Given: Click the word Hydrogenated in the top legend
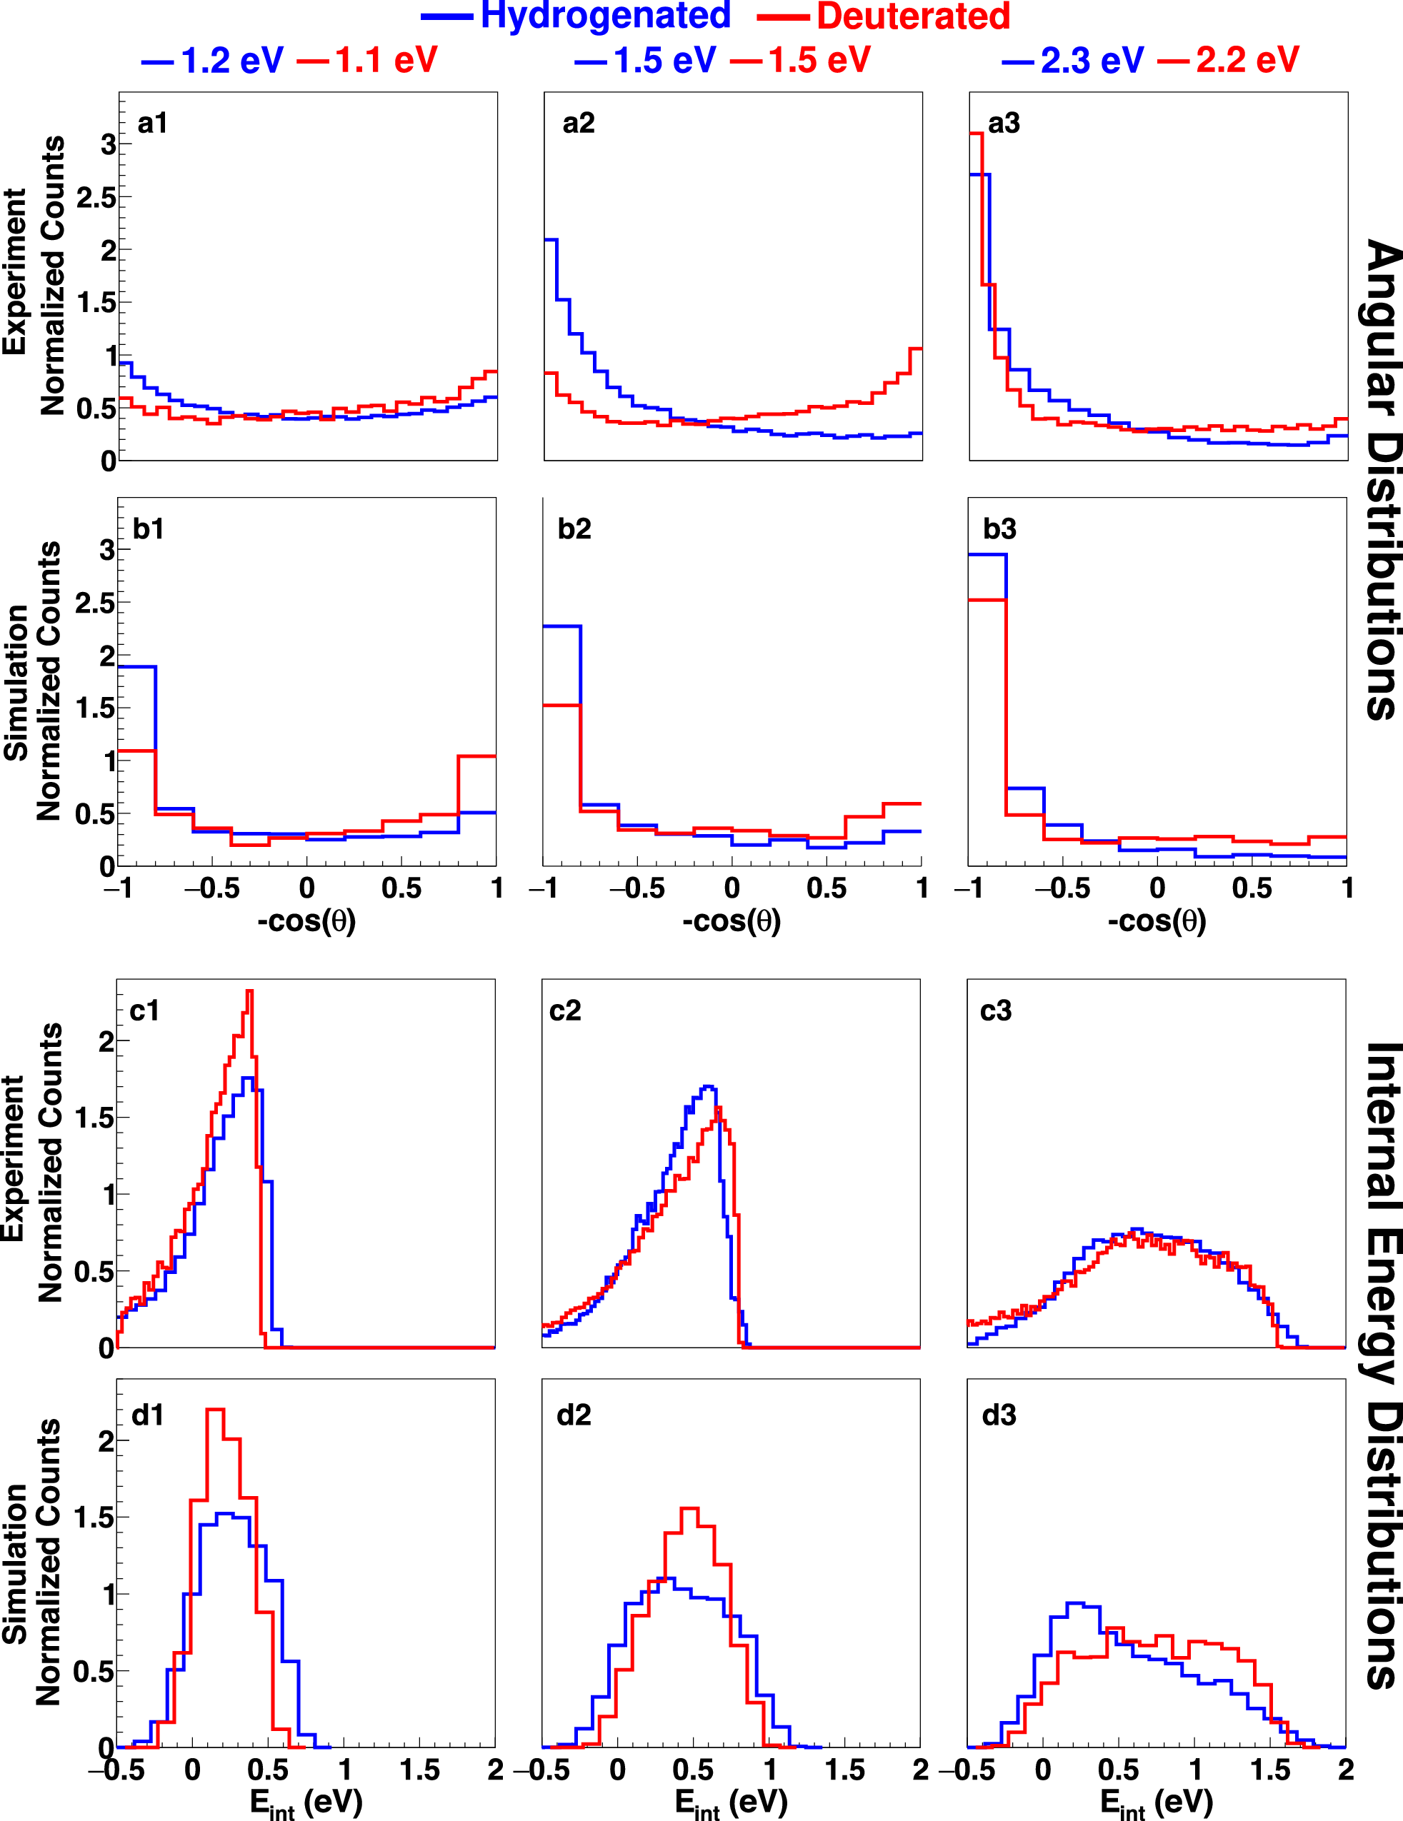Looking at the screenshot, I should pos(606,16).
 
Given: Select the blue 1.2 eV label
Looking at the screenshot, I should pos(232,60).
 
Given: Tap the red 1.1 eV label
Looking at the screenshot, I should pos(386,60).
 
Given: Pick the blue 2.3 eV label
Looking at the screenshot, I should pos(1092,60).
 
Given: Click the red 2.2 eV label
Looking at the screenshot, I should pos(1247,60).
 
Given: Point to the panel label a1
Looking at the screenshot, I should pos(153,124).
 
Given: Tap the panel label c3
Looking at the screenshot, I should pos(995,1010).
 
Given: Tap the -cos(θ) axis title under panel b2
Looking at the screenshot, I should pos(732,921).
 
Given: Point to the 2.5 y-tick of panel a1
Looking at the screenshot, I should pos(96,199).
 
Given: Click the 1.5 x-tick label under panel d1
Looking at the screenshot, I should pos(419,1770).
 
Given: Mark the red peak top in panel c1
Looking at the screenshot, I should pos(249,992).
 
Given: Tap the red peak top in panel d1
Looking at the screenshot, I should pos(214,1410).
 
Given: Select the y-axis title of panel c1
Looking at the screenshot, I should pos(34,1163).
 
